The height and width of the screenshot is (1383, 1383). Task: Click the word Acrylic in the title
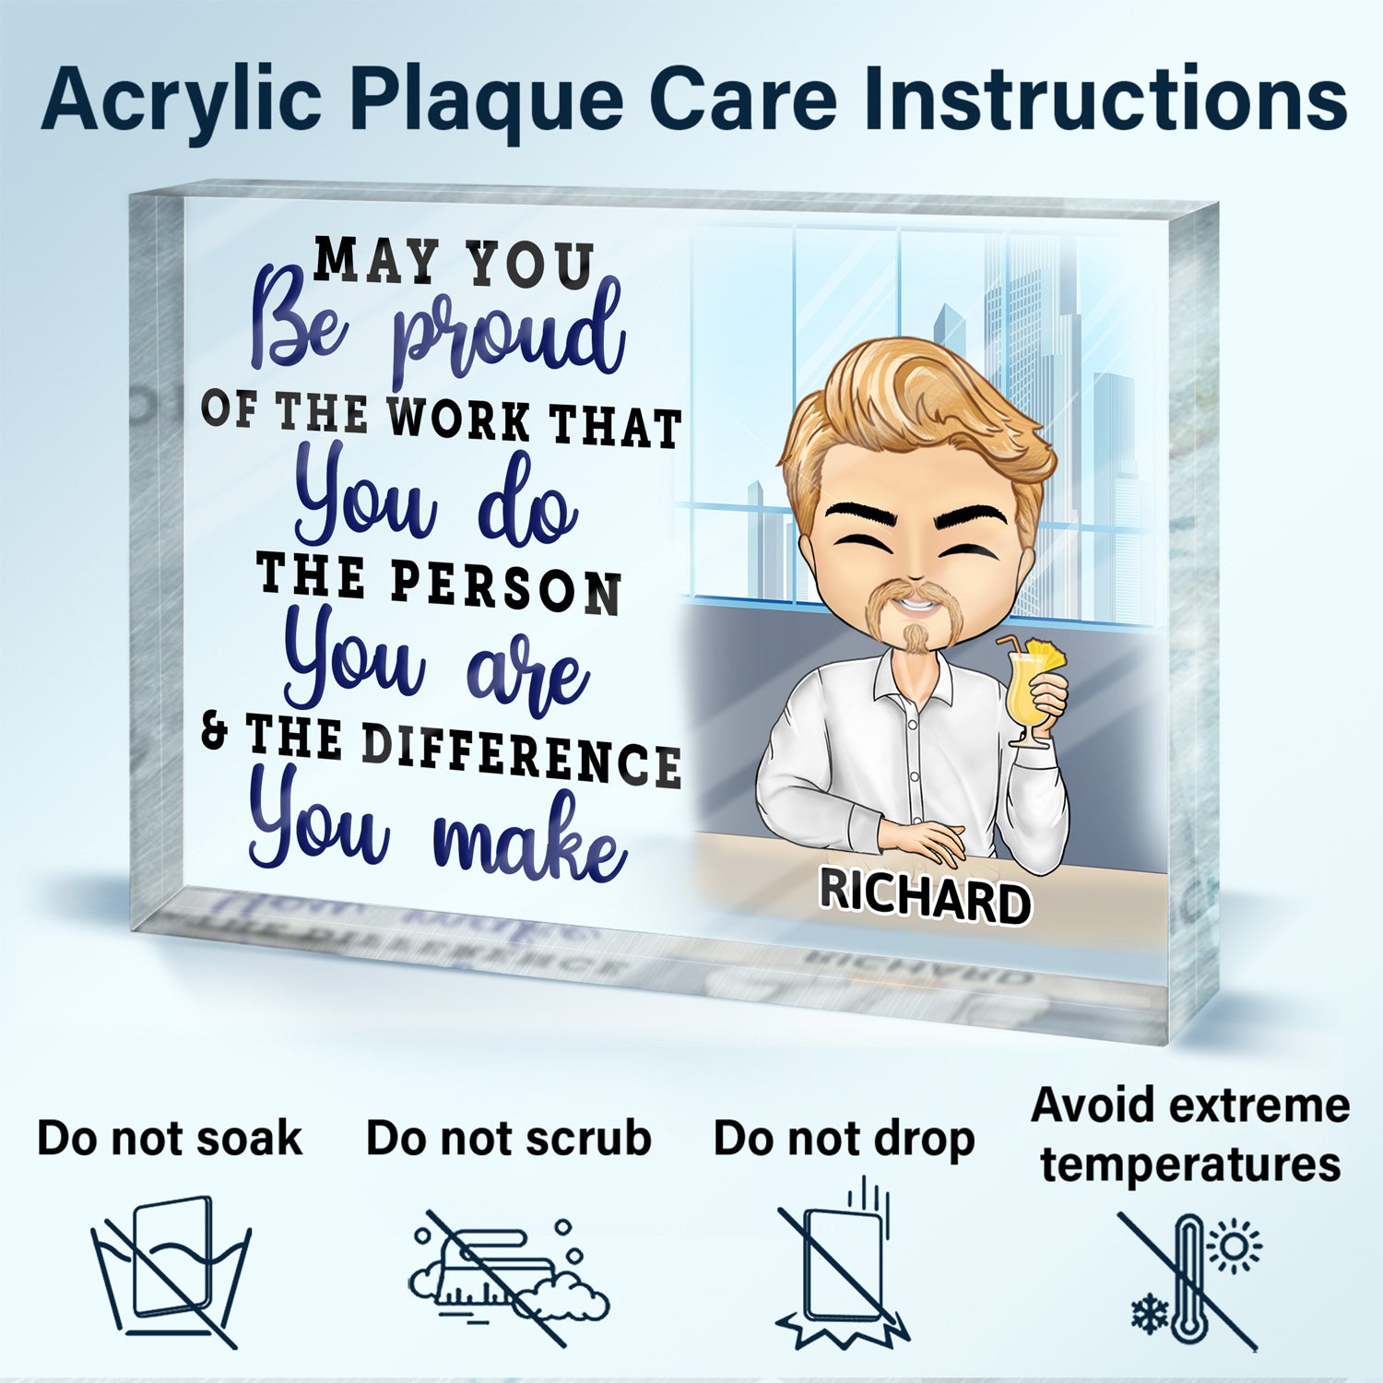click(182, 101)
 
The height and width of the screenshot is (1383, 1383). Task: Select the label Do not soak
click(170, 1139)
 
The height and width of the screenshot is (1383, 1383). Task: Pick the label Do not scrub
click(508, 1139)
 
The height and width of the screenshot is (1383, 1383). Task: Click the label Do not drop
click(844, 1141)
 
